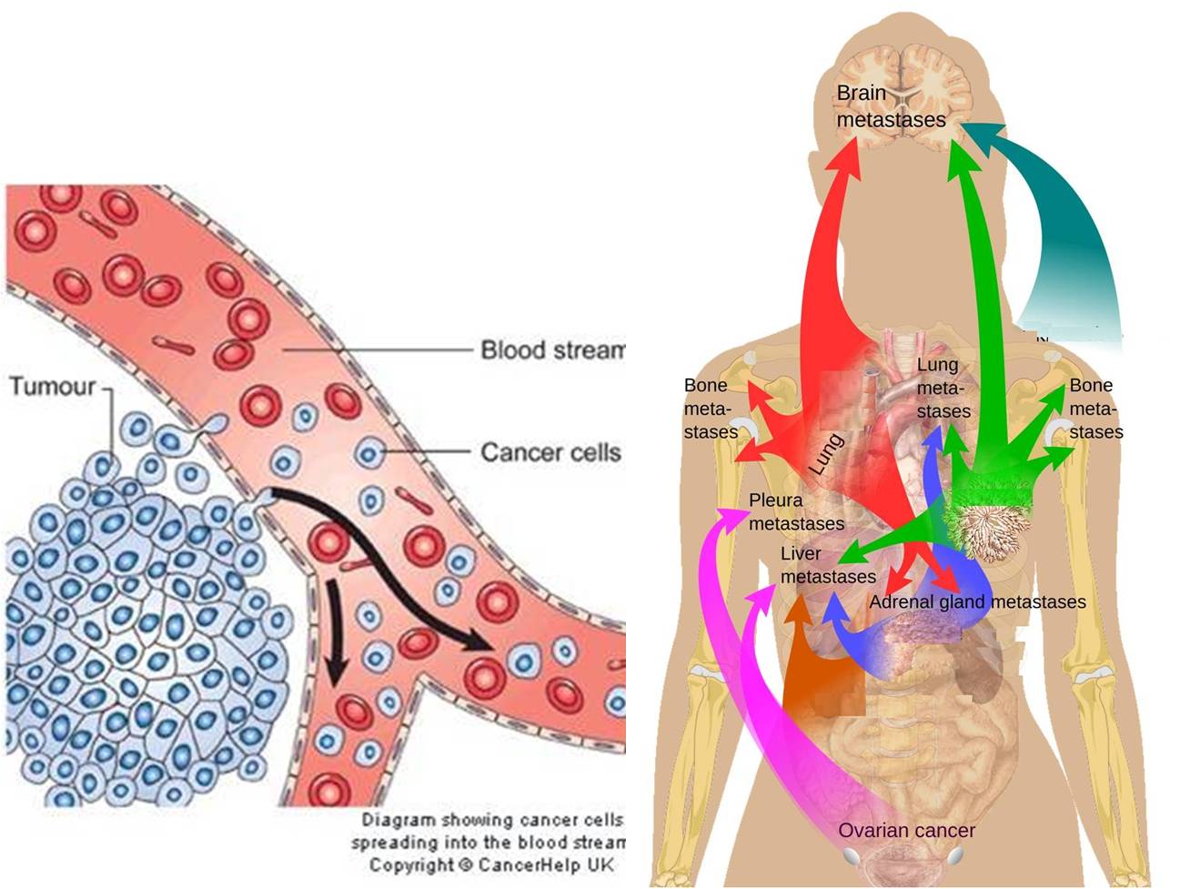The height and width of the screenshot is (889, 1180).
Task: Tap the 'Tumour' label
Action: point(53,386)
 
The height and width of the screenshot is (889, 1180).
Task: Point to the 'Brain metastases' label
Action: point(878,106)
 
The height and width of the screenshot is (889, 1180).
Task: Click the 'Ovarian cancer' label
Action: point(906,830)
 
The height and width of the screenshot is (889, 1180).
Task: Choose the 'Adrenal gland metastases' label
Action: point(977,601)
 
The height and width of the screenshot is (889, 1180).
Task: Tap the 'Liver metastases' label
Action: point(827,565)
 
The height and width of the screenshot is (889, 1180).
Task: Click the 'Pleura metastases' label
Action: point(795,512)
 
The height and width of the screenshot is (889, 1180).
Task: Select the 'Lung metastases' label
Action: point(943,389)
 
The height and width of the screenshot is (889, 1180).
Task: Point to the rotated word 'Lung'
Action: point(826,453)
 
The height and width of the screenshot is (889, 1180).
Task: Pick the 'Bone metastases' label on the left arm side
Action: point(710,409)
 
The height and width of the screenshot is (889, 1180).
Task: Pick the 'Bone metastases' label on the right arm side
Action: point(1094,409)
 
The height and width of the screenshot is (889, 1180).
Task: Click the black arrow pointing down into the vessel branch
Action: point(335,637)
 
